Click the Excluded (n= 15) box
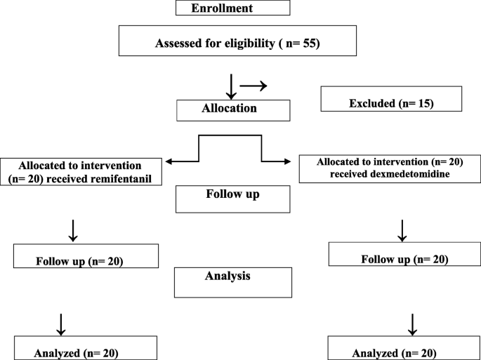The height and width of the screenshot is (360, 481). pyautogui.click(x=391, y=100)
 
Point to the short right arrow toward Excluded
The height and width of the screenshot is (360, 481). pyautogui.click(x=253, y=86)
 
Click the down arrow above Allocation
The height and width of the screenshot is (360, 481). pyautogui.click(x=230, y=86)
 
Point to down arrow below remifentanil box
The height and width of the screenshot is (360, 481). pyautogui.click(x=73, y=229)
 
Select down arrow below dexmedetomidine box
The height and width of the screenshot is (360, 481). pyautogui.click(x=402, y=229)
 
